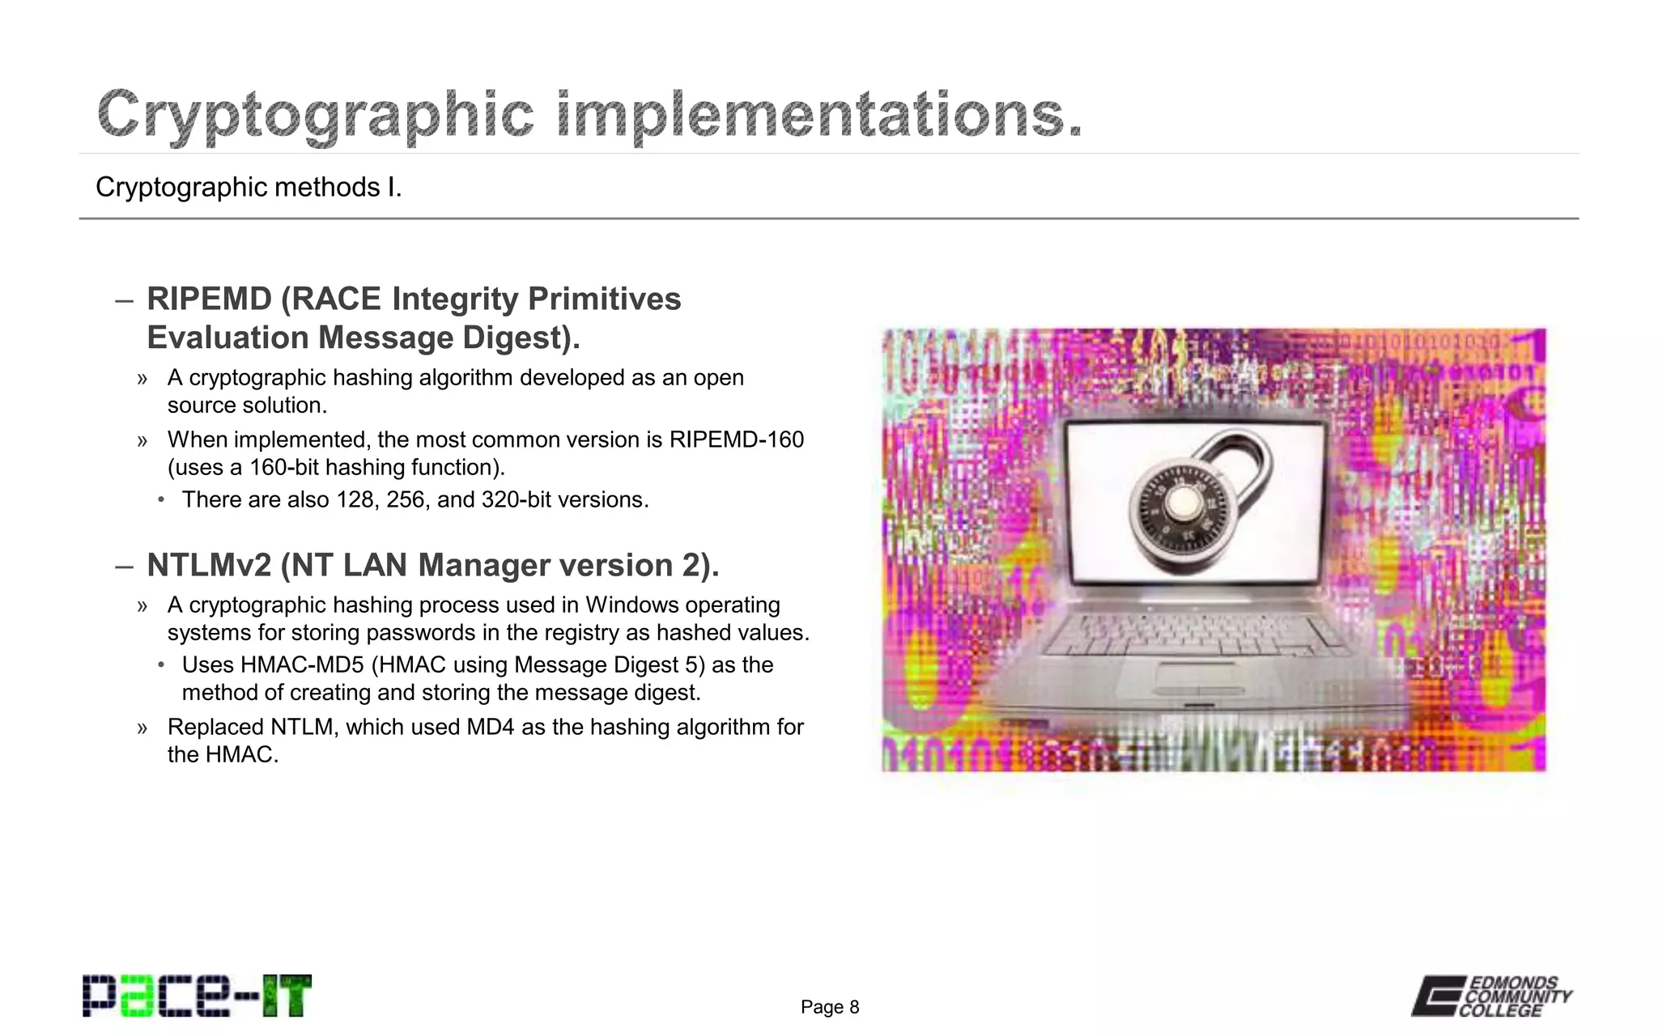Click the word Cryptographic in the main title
(316, 116)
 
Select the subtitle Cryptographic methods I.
(249, 187)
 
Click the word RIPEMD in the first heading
(209, 299)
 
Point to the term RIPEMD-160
(736, 439)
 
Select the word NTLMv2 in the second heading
(209, 565)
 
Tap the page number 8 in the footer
(854, 1007)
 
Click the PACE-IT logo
(197, 996)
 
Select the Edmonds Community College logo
(1491, 996)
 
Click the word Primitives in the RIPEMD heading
(604, 299)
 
